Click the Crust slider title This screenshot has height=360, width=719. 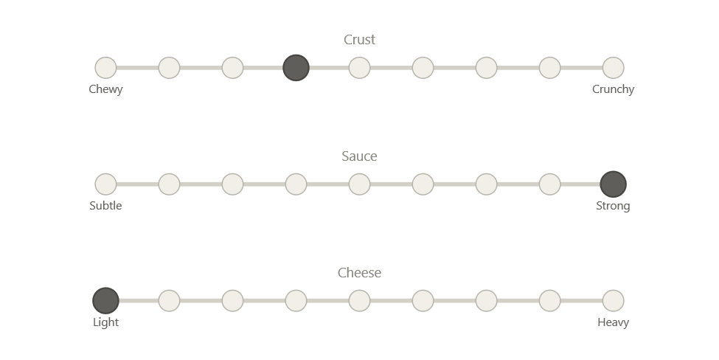pyautogui.click(x=360, y=40)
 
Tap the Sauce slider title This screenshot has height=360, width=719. pyautogui.click(x=360, y=156)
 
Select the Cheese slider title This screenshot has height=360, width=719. pyautogui.click(x=360, y=273)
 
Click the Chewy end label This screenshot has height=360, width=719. pyautogui.click(x=105, y=89)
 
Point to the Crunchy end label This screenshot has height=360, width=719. pyautogui.click(x=614, y=89)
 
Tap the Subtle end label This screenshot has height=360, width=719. pyautogui.click(x=105, y=206)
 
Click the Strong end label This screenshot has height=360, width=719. pyautogui.click(x=614, y=206)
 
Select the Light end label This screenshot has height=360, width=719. pyautogui.click(x=105, y=322)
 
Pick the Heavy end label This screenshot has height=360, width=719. pyautogui.click(x=614, y=322)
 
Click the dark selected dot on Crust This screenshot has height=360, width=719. pyautogui.click(x=296, y=68)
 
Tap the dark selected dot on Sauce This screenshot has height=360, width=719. pyautogui.click(x=614, y=184)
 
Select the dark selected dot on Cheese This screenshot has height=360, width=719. pyautogui.click(x=105, y=301)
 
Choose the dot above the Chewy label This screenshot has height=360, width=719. pyautogui.click(x=105, y=68)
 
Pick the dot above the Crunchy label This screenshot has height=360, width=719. pyautogui.click(x=614, y=68)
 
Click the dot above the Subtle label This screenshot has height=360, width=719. pyautogui.click(x=105, y=184)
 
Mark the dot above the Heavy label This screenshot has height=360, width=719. pyautogui.click(x=614, y=301)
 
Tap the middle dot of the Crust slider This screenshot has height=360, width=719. pyautogui.click(x=359, y=68)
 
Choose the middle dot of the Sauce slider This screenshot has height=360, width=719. pyautogui.click(x=359, y=184)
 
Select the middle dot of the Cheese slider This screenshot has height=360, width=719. pyautogui.click(x=359, y=301)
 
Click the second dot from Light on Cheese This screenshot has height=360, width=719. pyautogui.click(x=169, y=301)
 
